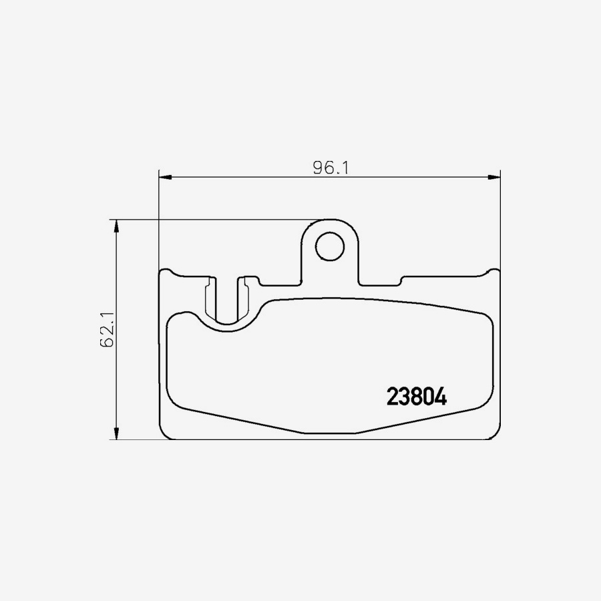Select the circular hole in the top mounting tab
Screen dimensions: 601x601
pyautogui.click(x=329, y=246)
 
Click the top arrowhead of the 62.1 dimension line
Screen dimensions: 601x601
pyautogui.click(x=118, y=226)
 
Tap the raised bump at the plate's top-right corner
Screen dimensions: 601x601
pyautogui.click(x=493, y=271)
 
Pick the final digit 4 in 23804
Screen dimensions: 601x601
pyautogui.click(x=440, y=397)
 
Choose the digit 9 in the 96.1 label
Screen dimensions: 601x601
pyautogui.click(x=319, y=168)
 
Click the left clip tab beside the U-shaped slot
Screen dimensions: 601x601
pyautogui.click(x=210, y=297)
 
